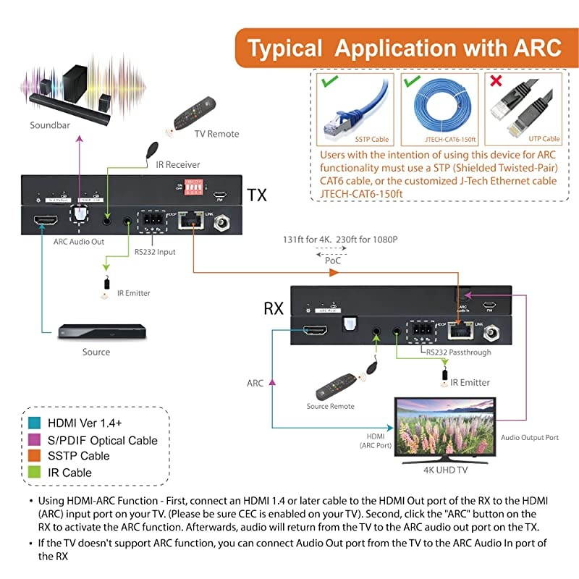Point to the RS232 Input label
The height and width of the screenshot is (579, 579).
(x=155, y=253)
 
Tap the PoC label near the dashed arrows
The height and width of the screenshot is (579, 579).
(x=333, y=258)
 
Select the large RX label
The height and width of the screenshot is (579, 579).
(x=273, y=308)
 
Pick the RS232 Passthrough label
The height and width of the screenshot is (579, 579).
(x=458, y=352)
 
